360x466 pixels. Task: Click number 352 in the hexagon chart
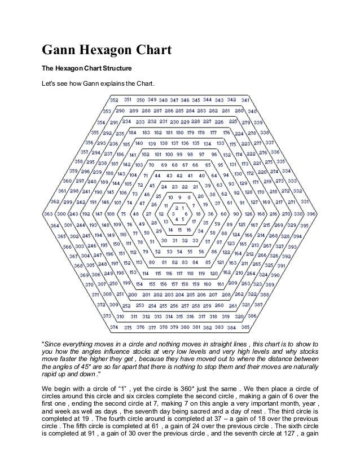[x=114, y=100]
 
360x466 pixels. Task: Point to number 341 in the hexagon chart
[x=245, y=100]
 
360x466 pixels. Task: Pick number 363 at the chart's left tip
[x=48, y=214]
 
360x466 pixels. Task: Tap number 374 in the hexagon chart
[x=114, y=327]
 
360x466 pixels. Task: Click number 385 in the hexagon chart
[x=245, y=327]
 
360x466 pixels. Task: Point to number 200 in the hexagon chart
[x=133, y=294]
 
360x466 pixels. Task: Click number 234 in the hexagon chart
[x=126, y=121]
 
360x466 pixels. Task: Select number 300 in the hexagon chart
[x=60, y=214]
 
